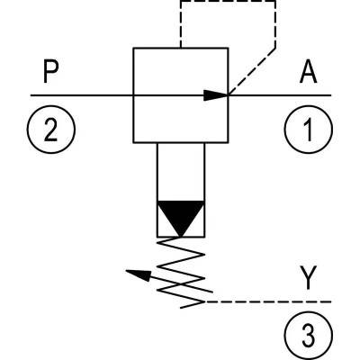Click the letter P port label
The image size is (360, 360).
tap(50, 72)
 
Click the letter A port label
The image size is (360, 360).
tap(308, 73)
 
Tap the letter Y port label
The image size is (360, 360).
tap(309, 278)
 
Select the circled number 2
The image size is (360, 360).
tap(51, 130)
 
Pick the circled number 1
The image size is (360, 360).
tap(309, 130)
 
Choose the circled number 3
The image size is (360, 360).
tap(309, 336)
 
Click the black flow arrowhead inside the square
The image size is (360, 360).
tap(216, 95)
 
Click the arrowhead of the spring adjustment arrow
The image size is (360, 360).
tap(138, 274)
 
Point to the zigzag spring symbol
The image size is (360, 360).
tap(181, 273)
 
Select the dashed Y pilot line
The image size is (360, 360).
tap(267, 301)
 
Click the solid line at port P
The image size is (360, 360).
tap(82, 95)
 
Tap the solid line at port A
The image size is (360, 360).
tap(280, 95)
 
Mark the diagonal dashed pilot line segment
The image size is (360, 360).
tap(252, 71)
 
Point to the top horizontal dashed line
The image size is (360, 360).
tap(228, 1)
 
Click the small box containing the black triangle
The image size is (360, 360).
tap(157, 219)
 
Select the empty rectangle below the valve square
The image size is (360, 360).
tap(157, 172)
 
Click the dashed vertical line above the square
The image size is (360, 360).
tap(181, 24)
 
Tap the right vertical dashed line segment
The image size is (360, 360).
tap(275, 24)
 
